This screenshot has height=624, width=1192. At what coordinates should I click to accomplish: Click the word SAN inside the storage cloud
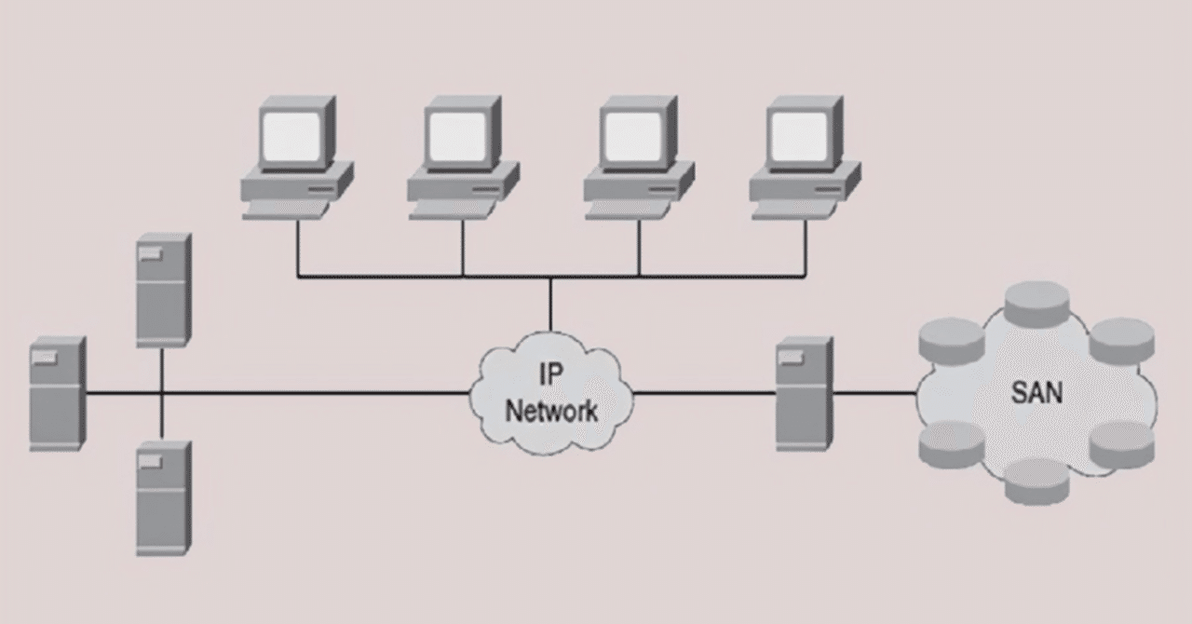coord(1036,393)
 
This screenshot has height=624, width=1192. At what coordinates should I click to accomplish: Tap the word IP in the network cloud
coord(551,374)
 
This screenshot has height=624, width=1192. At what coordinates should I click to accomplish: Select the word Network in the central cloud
coord(551,411)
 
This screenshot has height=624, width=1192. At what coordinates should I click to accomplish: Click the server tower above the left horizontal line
coord(163,290)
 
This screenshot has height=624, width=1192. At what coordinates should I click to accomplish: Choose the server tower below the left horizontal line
coord(163,498)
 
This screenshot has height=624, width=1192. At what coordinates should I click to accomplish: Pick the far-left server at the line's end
coord(57,394)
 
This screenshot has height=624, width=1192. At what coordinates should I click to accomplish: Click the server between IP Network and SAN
coord(803,394)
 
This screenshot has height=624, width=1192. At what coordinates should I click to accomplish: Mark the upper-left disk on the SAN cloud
coord(951,341)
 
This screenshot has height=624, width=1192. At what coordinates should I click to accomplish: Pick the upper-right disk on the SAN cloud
coord(1122,339)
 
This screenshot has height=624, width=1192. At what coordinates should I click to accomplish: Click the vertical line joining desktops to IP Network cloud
coord(550,303)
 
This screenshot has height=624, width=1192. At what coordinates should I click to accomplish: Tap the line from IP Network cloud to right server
coord(703,394)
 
